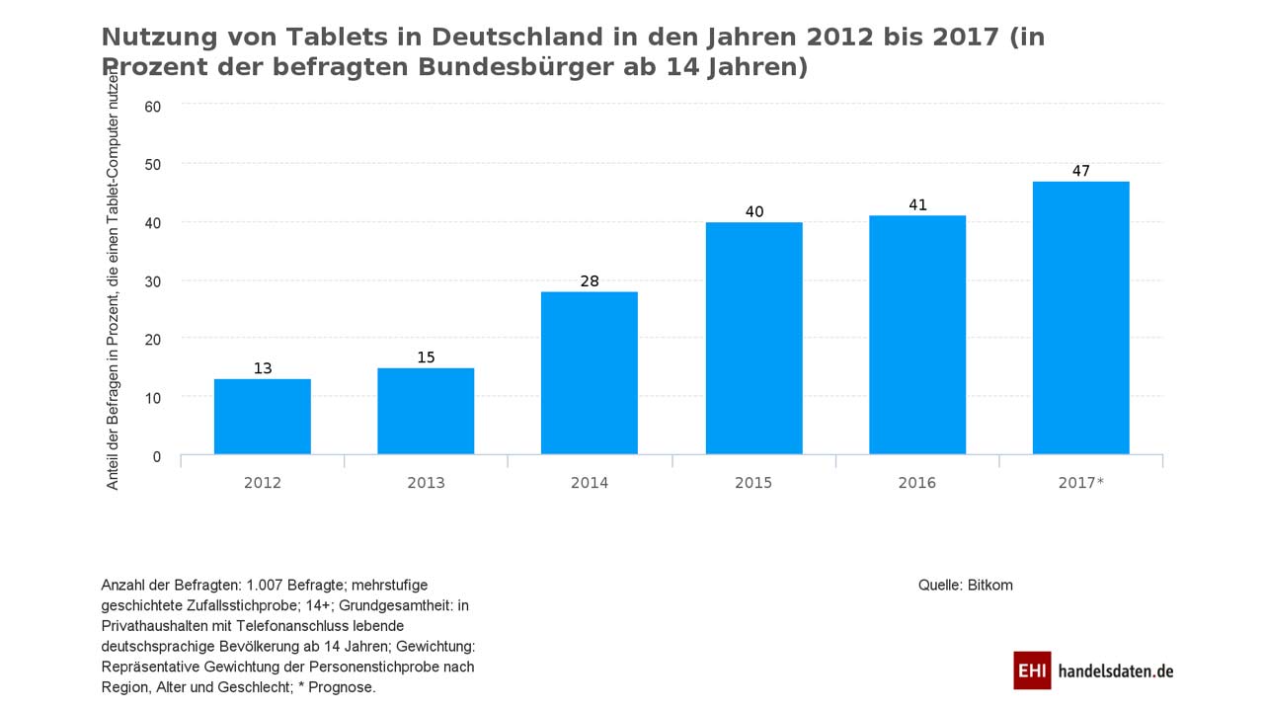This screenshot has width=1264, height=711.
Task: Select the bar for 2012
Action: coord(262,417)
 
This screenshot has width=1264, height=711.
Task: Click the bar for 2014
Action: coord(590,373)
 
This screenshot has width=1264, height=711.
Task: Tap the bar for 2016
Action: coord(917,335)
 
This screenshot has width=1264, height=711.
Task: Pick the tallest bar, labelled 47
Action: coord(1080,318)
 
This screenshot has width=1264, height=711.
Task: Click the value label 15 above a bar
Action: coord(426,357)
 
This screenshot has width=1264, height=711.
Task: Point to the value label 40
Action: coord(754,211)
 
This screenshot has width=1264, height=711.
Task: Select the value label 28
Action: coord(590,281)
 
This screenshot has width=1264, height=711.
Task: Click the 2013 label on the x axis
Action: coord(426,483)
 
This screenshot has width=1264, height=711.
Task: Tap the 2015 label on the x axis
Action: coord(753,483)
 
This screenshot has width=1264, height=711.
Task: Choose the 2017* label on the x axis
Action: coord(1080,483)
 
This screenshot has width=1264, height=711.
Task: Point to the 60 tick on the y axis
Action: coord(152,106)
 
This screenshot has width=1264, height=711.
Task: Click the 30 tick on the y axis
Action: coord(152,281)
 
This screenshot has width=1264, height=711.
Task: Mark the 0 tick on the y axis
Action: coord(156,456)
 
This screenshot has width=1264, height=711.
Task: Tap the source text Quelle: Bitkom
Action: coord(965,585)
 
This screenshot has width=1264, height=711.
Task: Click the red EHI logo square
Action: coord(1032,671)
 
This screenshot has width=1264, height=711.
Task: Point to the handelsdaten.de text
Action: coord(1115,671)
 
